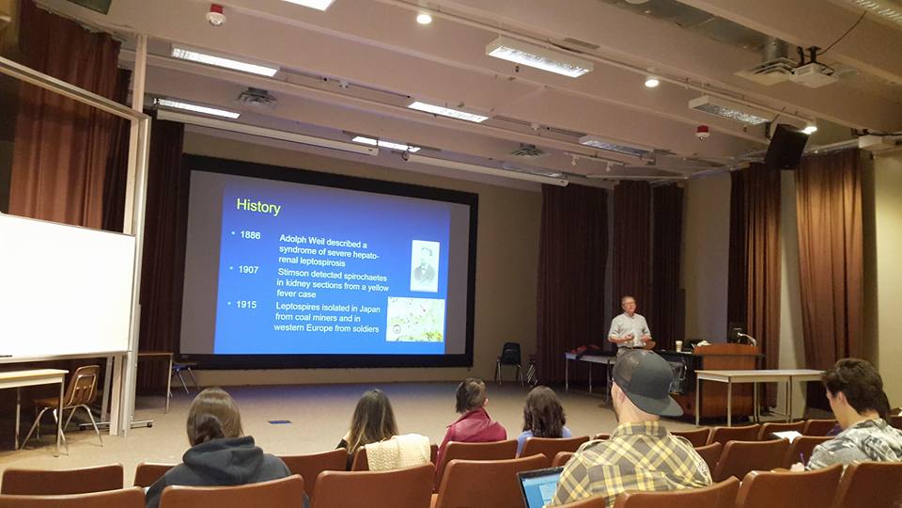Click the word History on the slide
pyautogui.click(x=258, y=207)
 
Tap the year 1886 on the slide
pyautogui.click(x=250, y=234)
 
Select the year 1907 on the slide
pyautogui.click(x=248, y=269)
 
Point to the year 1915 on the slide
pyautogui.click(x=246, y=304)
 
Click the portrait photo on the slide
pyautogui.click(x=425, y=265)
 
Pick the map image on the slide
pyautogui.click(x=415, y=320)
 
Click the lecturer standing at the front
pyautogui.click(x=629, y=326)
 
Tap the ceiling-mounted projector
pyautogui.click(x=812, y=73)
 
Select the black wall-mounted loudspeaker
pyautogui.click(x=785, y=147)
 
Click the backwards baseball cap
pyautogui.click(x=647, y=381)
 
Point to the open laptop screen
pyautogui.click(x=540, y=488)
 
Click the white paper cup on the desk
pyautogui.click(x=678, y=345)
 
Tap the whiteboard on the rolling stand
pyautogui.click(x=66, y=286)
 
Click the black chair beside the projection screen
pyautogui.click(x=509, y=361)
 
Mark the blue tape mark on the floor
pyautogui.click(x=280, y=422)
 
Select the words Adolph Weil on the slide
pyautogui.click(x=302, y=238)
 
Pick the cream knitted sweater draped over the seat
pyautogui.click(x=397, y=452)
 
